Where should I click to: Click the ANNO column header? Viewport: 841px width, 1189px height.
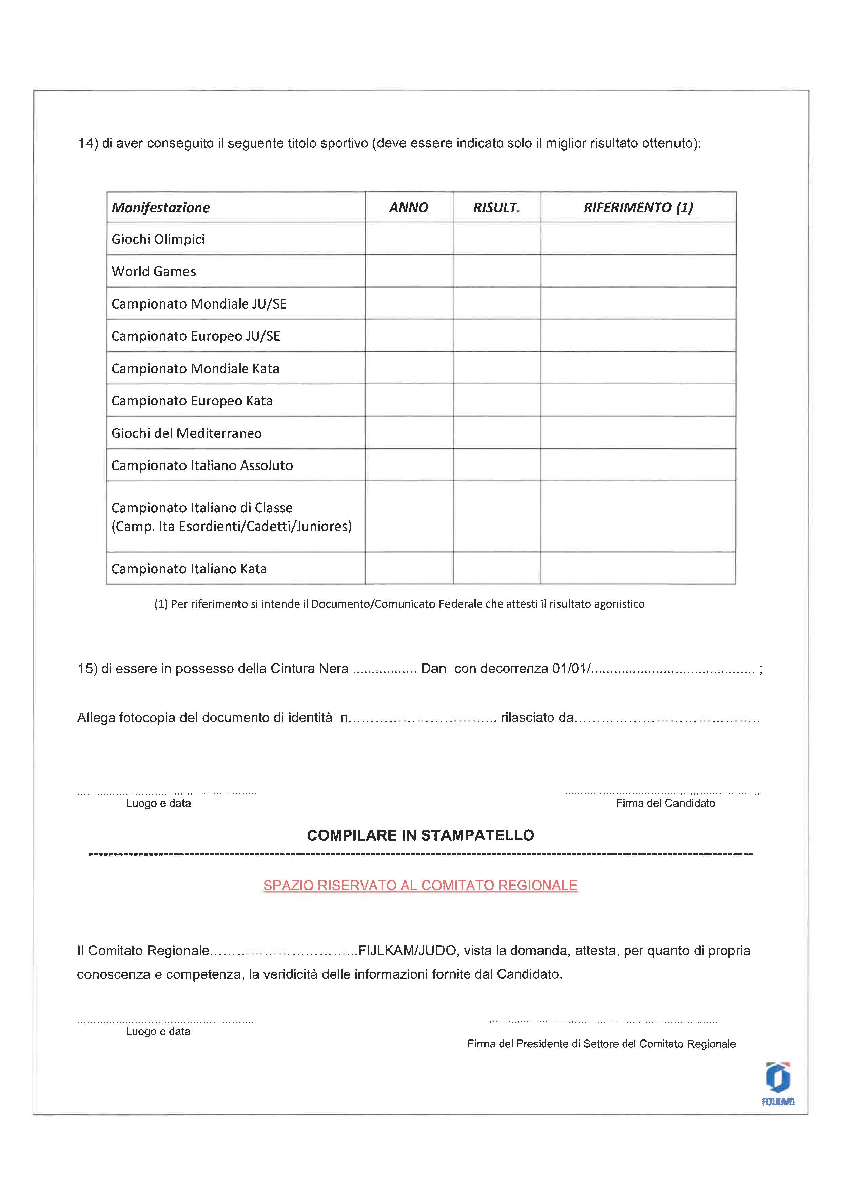point(409,208)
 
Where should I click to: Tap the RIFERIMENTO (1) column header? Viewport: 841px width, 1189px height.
point(638,208)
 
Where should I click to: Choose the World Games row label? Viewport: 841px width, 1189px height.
point(154,271)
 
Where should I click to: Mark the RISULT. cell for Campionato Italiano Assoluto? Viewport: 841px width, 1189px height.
point(496,465)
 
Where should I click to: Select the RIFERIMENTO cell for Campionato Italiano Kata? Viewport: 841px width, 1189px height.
point(638,569)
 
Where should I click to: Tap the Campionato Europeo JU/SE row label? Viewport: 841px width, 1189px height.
point(196,336)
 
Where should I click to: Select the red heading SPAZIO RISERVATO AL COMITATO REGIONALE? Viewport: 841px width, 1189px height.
point(420,886)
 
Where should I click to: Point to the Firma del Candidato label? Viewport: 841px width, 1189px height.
point(665,803)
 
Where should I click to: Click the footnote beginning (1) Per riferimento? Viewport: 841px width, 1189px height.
point(399,604)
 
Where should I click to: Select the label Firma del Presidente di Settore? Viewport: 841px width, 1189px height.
point(601,1044)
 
